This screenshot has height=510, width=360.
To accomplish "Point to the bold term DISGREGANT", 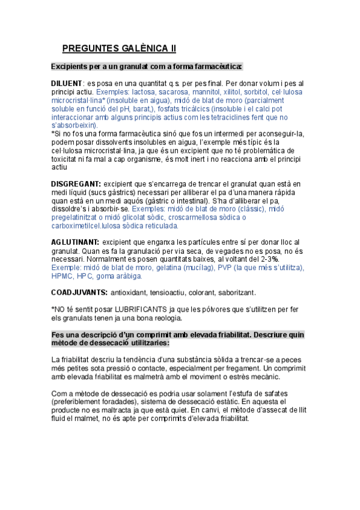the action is pos(76,183).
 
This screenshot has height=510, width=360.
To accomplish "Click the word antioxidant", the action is pos(134,292).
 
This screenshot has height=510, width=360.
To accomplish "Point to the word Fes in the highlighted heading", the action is pos(58,334).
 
